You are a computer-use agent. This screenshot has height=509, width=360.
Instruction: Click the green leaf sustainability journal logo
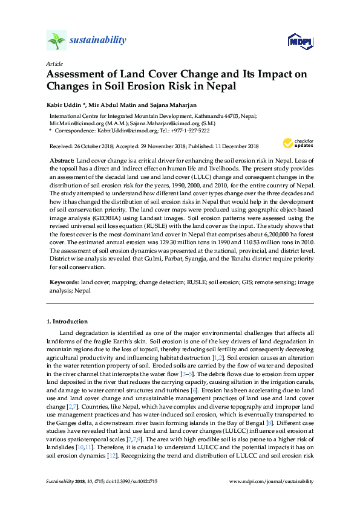pyautogui.click(x=56, y=41)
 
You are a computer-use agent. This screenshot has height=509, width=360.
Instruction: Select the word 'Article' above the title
pyautogui.click(x=54, y=63)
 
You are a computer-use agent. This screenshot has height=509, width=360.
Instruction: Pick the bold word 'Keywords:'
pyautogui.click(x=64, y=282)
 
